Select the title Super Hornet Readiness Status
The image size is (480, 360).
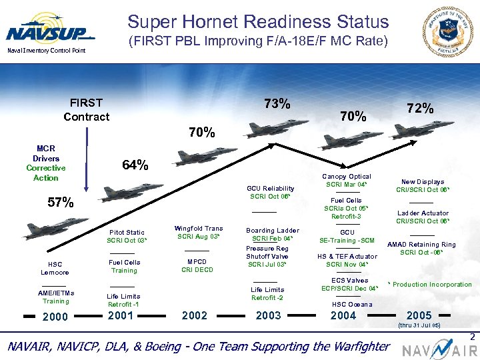(x=258, y=22)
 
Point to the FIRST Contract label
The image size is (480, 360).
(x=86, y=109)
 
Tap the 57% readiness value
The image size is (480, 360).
(x=60, y=203)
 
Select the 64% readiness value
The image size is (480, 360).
(x=135, y=165)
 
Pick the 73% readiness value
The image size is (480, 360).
(x=277, y=104)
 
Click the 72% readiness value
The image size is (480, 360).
(x=421, y=108)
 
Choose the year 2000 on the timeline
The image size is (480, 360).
(x=55, y=317)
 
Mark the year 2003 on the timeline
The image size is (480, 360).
(x=268, y=316)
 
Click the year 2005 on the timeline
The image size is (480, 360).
(x=419, y=315)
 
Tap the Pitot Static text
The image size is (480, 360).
(x=126, y=232)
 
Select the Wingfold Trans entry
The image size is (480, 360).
(x=198, y=229)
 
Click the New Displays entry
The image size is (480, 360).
(x=423, y=181)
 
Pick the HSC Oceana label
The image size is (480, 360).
(x=347, y=304)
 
